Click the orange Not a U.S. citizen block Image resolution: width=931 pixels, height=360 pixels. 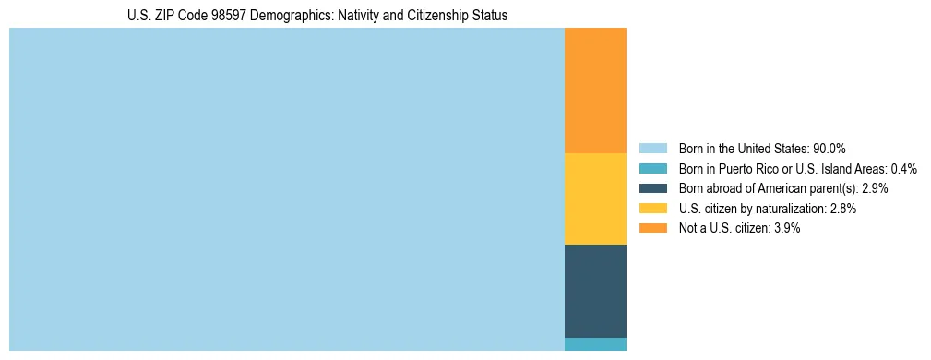tap(595, 90)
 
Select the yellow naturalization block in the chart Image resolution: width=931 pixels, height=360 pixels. tap(595, 198)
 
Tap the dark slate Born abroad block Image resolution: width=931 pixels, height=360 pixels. tap(595, 291)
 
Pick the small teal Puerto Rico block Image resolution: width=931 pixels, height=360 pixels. tap(595, 344)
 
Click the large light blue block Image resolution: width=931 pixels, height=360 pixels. tap(286, 189)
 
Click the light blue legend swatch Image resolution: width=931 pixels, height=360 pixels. tap(652, 149)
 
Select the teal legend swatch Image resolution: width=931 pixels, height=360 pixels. tap(652, 169)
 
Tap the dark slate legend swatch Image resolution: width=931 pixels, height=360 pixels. tap(652, 188)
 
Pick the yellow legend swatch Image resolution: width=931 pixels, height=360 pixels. tap(652, 209)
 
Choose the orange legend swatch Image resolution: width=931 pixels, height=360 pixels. tap(652, 229)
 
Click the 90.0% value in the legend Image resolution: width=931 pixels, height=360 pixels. tap(830, 149)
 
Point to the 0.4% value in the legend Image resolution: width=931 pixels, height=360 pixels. tap(903, 169)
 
